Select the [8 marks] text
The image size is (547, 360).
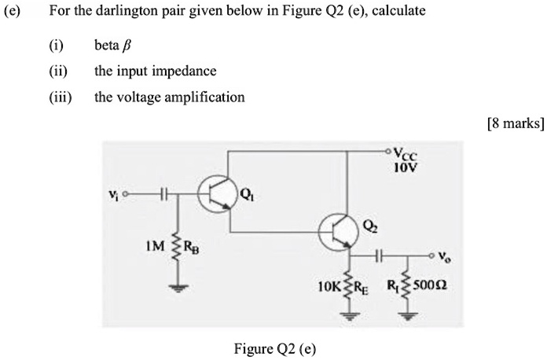coord(515,123)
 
